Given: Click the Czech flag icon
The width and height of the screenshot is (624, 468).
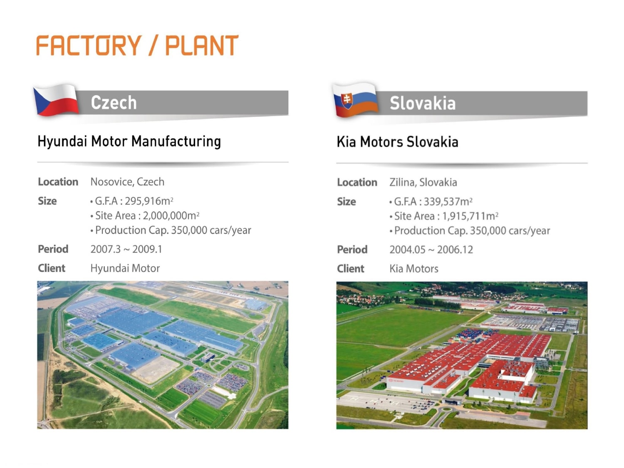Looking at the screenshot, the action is tap(56, 100).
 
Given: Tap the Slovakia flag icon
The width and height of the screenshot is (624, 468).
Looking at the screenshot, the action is tap(355, 100).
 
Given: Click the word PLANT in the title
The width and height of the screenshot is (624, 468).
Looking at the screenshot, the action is tap(202, 45).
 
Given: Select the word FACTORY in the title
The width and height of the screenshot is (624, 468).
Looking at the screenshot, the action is tap(89, 45).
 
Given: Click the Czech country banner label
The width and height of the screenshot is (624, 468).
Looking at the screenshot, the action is tap(114, 102).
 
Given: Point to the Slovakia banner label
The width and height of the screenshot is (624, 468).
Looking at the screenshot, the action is tap(423, 103).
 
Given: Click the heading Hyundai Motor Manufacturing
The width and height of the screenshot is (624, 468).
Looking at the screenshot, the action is tap(129, 141).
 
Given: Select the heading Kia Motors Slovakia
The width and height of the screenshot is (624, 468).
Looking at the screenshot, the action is tap(397, 142).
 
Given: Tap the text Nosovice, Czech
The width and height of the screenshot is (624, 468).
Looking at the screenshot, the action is tap(127, 182).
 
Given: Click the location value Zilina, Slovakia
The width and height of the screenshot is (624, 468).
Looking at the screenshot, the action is tap(423, 183).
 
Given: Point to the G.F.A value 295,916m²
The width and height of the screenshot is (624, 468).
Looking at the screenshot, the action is tap(149, 201).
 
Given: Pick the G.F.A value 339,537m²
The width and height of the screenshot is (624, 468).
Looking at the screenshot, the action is tap(448, 201).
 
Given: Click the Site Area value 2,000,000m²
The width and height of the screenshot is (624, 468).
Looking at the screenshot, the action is tap(171, 215).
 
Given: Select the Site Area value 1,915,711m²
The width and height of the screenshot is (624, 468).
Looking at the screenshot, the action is tap(470, 216).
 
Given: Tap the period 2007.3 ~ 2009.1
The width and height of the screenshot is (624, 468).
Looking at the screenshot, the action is tap(126, 249).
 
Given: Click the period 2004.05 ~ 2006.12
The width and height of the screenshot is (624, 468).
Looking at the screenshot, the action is tap(431, 250).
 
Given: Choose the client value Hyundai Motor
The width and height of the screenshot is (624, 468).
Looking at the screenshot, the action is tap(125, 268).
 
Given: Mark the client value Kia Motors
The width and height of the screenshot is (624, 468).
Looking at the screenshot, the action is tap(414, 269).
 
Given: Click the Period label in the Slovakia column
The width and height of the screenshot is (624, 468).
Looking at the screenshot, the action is tap(352, 250).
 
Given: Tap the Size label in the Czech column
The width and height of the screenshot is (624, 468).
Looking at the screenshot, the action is tap(47, 201).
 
